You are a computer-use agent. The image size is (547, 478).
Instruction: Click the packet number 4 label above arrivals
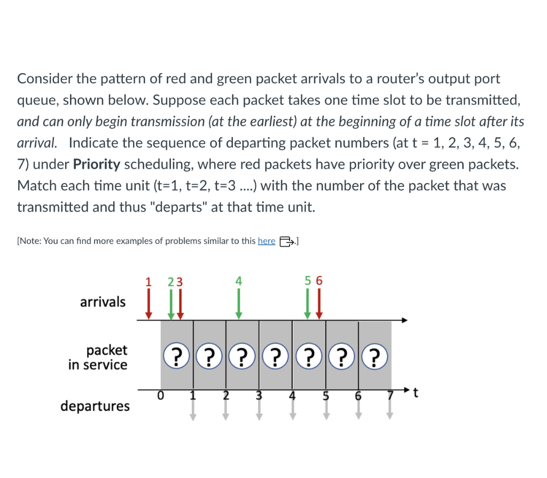239,280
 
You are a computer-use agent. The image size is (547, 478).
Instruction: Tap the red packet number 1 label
149,280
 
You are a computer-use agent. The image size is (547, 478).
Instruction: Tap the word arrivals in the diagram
103,302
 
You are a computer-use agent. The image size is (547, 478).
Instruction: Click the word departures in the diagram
95,406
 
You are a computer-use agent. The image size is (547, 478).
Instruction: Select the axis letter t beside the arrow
417,394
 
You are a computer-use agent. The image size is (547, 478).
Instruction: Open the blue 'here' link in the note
266,241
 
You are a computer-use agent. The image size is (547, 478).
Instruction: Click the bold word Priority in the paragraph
96,164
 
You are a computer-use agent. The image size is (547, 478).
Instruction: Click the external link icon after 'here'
286,241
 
